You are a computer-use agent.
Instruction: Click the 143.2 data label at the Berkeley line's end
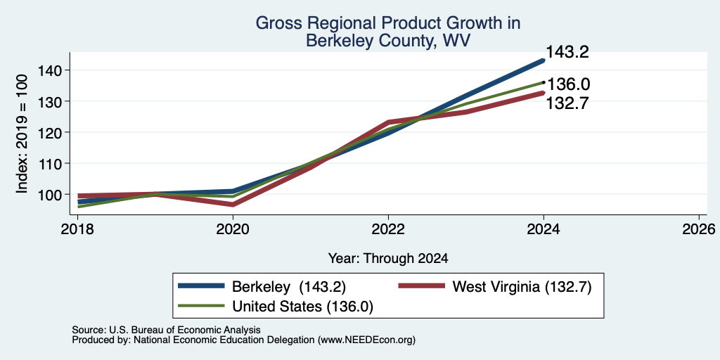tap(567, 52)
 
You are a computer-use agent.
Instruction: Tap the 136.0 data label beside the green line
tap(568, 84)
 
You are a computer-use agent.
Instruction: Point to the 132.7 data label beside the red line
tap(567, 104)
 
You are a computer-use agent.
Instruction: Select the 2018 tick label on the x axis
tap(77, 229)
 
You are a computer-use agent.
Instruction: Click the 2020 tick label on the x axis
tap(233, 229)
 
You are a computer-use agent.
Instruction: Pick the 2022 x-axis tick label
tap(388, 229)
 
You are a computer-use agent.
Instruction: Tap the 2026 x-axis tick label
tap(699, 229)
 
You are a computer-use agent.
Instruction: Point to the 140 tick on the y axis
tap(50, 70)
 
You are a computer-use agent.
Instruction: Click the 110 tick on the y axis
tap(50, 163)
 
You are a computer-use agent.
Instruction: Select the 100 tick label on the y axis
tap(50, 194)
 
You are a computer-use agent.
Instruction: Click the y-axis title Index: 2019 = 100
tap(22, 134)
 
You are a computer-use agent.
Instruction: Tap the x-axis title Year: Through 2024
tap(388, 259)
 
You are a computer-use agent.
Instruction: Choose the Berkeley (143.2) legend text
tap(289, 287)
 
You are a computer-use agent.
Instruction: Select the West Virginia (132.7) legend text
tap(522, 287)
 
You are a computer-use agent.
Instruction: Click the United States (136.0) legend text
tap(302, 307)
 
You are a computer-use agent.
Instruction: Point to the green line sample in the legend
tap(201, 306)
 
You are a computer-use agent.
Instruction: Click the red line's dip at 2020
tap(233, 205)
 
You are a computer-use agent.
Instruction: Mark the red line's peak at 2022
tap(388, 122)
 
